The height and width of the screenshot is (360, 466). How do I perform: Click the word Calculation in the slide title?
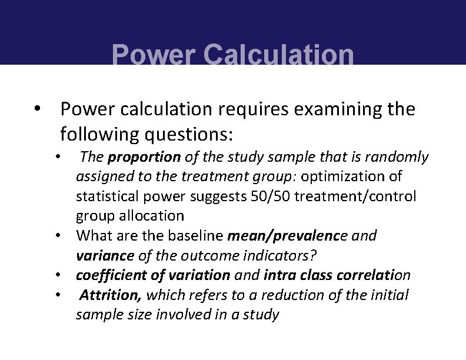click(278, 56)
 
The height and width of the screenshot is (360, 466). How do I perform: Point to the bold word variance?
click(105, 255)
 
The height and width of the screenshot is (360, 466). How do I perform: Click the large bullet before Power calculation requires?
click(37, 109)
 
